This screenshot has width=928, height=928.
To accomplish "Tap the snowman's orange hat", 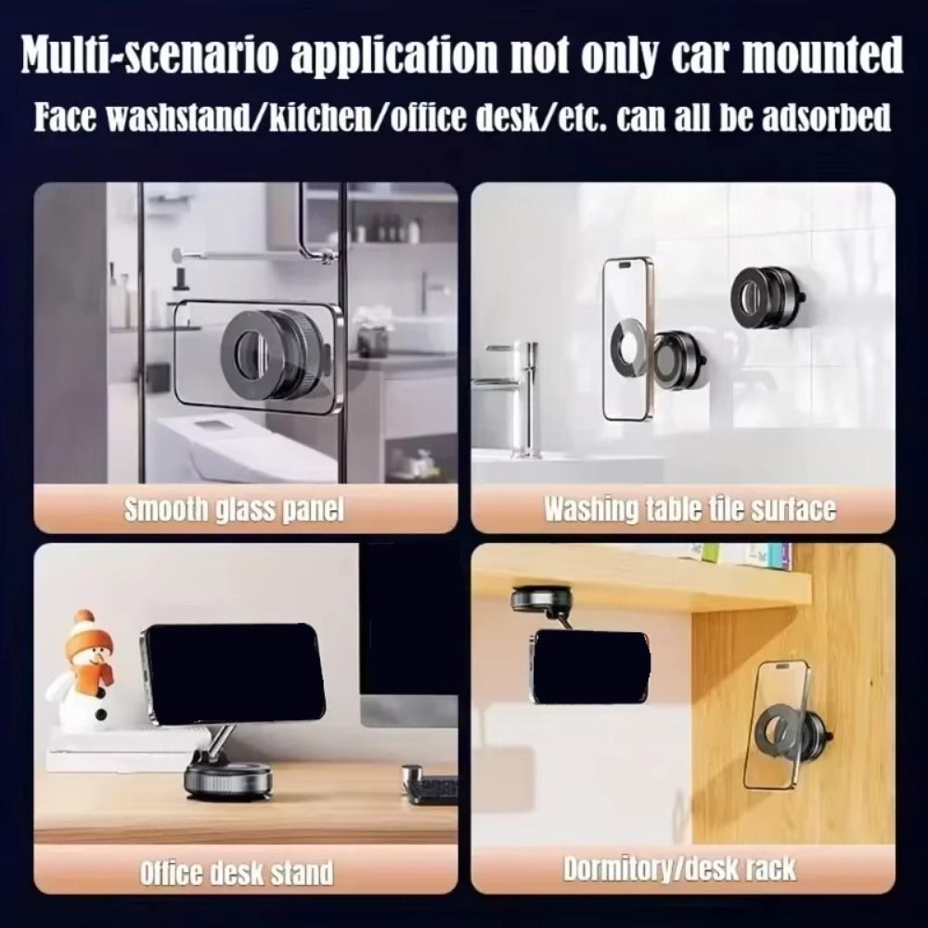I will click(84, 631).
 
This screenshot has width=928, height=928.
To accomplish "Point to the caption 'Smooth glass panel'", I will click(234, 509).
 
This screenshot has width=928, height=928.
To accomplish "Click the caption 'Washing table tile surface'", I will click(689, 509).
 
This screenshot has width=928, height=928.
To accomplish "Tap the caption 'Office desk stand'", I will click(236, 872).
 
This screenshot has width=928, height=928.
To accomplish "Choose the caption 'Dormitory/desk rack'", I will click(680, 870).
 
